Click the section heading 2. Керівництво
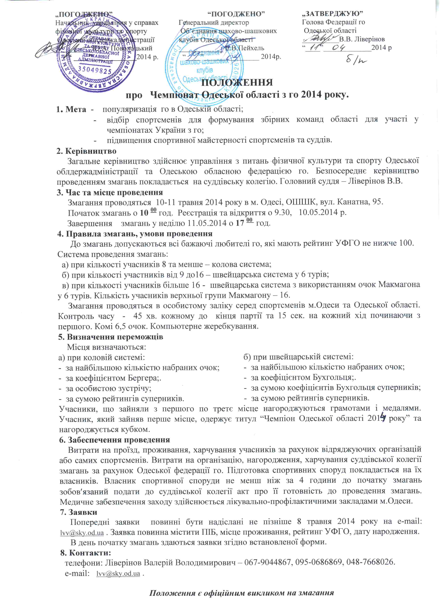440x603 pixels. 86,151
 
